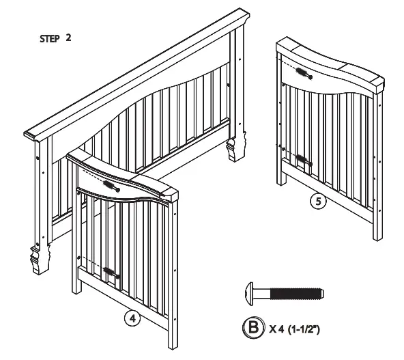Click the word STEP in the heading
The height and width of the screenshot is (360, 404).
point(50,39)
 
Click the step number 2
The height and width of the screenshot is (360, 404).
point(69,38)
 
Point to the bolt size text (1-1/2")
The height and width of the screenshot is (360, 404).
point(304,329)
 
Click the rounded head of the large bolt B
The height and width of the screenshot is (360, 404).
point(250,294)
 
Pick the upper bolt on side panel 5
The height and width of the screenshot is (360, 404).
point(303,75)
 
